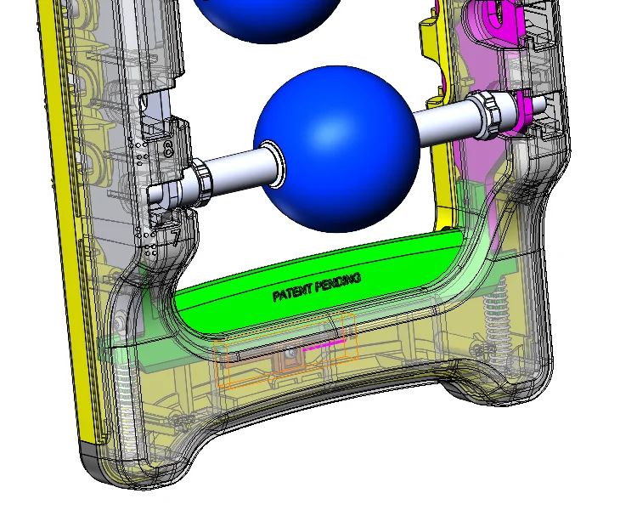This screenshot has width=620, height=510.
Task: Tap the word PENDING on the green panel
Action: [338, 283]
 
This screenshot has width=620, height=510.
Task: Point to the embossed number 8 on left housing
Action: [168, 150]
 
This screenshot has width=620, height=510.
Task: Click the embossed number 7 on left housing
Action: [175, 237]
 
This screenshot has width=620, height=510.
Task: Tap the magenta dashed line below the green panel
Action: [324, 345]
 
